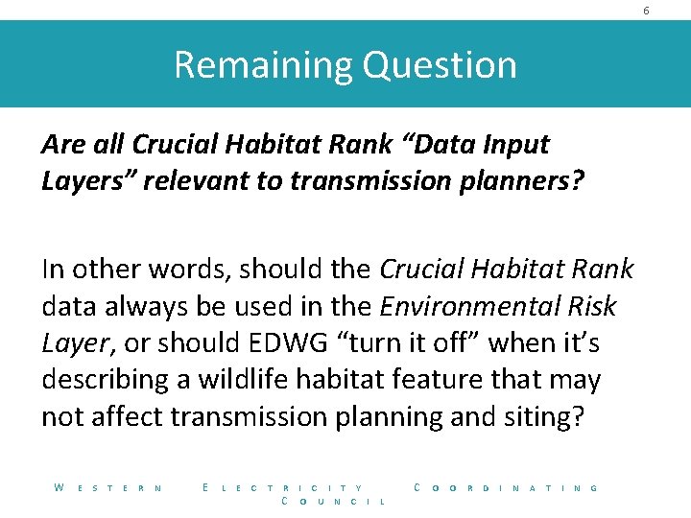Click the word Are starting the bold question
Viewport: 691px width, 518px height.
pos(63,145)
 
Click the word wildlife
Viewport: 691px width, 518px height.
pos(245,380)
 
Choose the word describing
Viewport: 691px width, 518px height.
pos(105,380)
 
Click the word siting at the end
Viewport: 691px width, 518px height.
pos(540,416)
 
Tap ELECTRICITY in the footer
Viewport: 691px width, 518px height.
pos(283,488)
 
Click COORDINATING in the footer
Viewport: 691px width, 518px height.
pos(506,488)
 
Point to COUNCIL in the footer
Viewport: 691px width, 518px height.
pos(333,502)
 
